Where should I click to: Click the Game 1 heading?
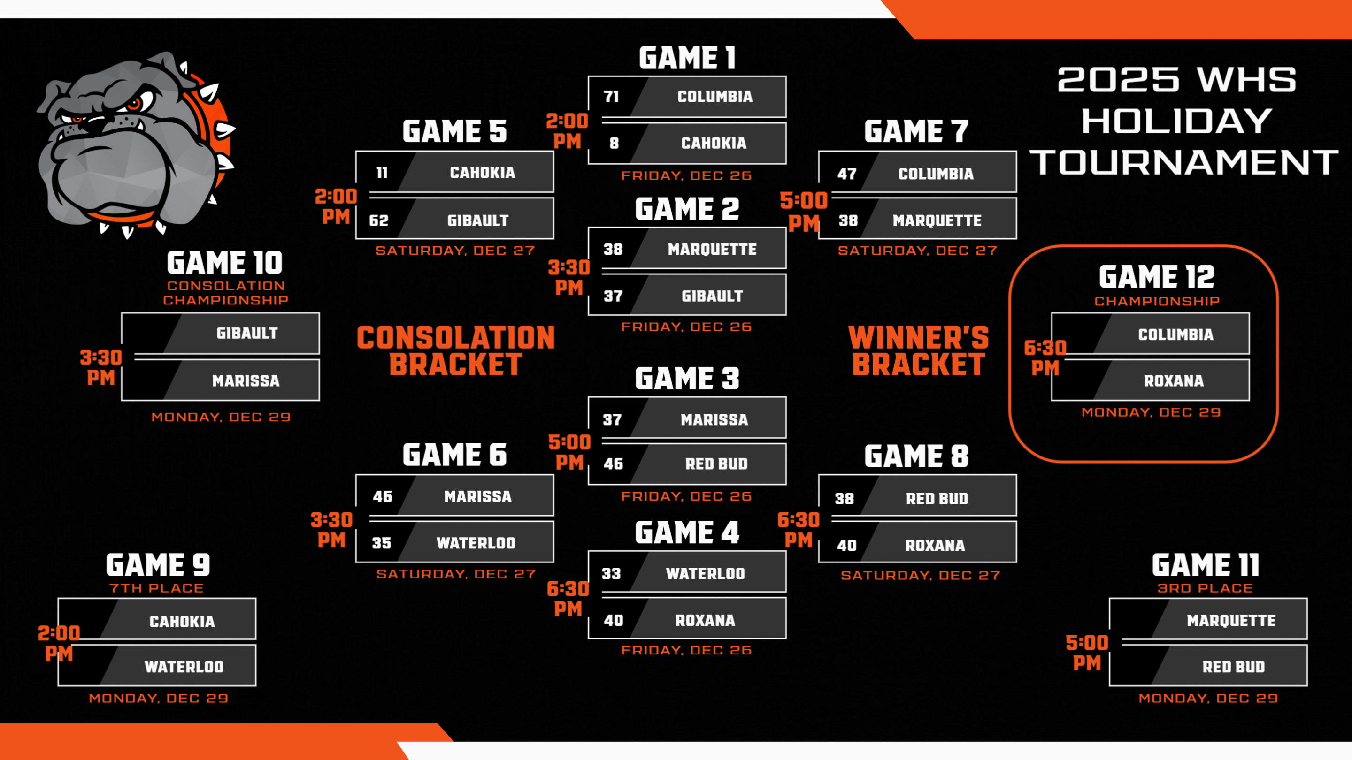(687, 58)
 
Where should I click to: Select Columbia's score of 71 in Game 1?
(611, 97)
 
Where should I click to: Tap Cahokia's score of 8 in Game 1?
(614, 143)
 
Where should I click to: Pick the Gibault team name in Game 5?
(477, 220)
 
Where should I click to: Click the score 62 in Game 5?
(378, 220)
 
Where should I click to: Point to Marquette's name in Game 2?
(712, 249)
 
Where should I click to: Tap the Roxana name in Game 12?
(1174, 381)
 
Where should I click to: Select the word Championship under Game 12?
(1157, 301)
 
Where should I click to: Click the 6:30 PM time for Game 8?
(798, 530)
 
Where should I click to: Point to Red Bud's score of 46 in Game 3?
(613, 464)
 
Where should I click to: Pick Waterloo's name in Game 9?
(184, 667)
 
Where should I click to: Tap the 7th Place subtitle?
(156, 588)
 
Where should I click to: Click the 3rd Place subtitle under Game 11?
(1205, 588)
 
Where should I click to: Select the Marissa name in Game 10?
(246, 381)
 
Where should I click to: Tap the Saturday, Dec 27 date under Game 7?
(917, 251)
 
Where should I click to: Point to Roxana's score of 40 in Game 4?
(613, 621)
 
